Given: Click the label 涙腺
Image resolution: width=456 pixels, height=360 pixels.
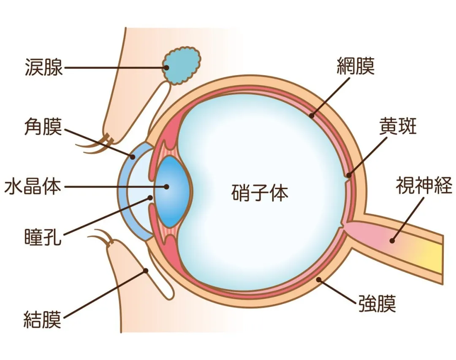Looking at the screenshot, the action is click(43, 67).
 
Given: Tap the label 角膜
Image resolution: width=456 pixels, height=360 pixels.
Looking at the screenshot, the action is click(43, 126).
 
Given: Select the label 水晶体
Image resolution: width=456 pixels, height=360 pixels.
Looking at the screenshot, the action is click(33, 186).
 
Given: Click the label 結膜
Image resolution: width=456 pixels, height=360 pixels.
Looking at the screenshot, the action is click(43, 319).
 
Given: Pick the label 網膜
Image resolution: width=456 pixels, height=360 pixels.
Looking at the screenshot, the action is click(356, 66).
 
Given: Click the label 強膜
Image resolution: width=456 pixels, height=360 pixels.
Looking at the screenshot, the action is click(377, 303).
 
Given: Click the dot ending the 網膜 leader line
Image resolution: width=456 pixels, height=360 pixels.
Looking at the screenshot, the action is click(312, 116).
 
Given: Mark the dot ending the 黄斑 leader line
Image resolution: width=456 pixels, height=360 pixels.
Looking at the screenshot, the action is click(349, 175).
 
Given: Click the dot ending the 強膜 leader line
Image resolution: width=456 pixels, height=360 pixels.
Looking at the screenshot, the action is click(319, 279).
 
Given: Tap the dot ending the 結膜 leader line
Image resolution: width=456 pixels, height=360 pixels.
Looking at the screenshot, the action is click(146, 271).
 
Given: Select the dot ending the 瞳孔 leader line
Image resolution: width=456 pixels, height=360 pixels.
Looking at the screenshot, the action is click(150, 198).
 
